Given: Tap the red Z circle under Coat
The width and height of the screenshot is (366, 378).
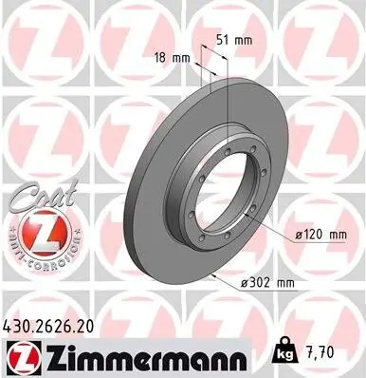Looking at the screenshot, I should click(35, 232).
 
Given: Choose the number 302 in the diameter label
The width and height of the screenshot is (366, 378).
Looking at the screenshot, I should click(262, 282).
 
